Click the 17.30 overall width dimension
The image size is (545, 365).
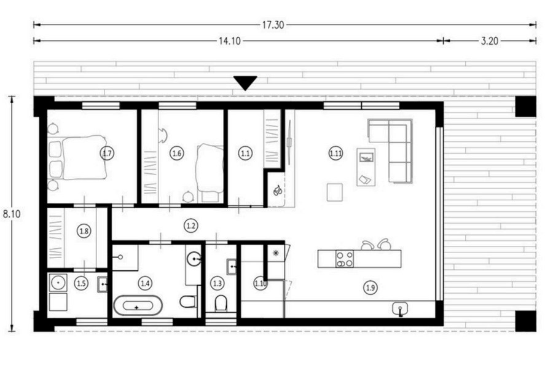tap(273, 25)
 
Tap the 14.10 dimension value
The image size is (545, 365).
tap(229, 41)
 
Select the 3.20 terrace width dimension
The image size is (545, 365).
tap(489, 41)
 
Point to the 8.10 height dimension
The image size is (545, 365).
tap(12, 214)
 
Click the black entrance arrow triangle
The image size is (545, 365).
tap(245, 82)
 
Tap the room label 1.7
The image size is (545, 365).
tap(107, 153)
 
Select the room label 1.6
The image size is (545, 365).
tap(176, 153)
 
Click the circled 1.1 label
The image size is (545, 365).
tap(245, 153)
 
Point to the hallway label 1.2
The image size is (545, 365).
tap(191, 226)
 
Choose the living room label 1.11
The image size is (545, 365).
tap(335, 153)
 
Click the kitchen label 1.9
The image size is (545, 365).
tap(370, 288)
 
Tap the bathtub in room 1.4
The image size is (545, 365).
tap(138, 305)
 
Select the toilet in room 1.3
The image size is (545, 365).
tap(221, 303)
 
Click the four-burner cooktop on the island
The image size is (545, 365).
tap(345, 259)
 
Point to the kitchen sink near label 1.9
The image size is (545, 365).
tap(400, 309)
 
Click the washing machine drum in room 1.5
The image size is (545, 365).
tap(57, 283)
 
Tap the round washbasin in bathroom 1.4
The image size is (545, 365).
tap(194, 259)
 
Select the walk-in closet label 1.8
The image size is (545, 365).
tap(84, 231)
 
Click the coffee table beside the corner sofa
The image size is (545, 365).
tap(366, 167)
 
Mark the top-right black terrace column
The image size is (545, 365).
tap(525, 106)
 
